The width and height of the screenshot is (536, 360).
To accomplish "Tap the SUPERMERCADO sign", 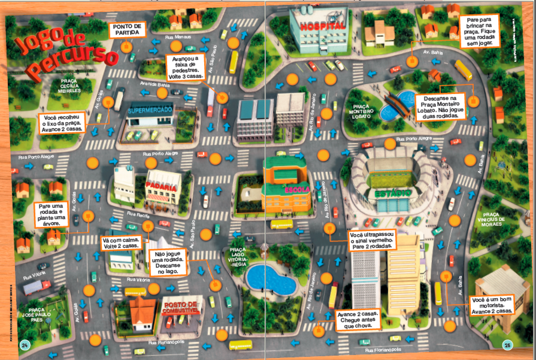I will pos(150,110).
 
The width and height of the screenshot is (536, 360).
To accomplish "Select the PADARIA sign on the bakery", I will pos(161,187).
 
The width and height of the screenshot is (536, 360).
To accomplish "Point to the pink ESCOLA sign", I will pos(297,190).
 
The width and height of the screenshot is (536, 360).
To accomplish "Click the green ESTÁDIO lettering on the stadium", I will pos(393,193).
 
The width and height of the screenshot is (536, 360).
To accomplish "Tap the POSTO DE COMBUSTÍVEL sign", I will pos(181,307).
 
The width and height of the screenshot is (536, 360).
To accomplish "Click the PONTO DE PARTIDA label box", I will pos(127,30).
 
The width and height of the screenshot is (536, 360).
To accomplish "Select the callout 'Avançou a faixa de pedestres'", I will pos(185,68).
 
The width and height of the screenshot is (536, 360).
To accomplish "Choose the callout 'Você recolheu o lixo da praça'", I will pos(62,123).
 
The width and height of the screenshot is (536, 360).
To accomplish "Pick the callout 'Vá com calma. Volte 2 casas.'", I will pos(121,243).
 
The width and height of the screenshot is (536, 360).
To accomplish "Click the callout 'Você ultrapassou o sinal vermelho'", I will pos(372,240).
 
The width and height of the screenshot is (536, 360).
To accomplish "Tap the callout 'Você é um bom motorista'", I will pos(491,305).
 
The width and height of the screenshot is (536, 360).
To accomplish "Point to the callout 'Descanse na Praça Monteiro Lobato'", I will pos(440,107).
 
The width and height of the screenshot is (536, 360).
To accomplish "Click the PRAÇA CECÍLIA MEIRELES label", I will pos(69,86).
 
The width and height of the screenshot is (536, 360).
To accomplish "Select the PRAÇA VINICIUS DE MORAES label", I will pos(491,220).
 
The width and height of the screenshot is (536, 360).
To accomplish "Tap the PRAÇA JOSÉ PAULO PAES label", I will pos(36,315).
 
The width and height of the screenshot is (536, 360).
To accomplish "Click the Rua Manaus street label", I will pos(178,37).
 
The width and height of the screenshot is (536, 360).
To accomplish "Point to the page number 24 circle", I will pos(25,345).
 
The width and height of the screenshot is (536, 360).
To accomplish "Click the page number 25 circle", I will pos(507,345).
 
